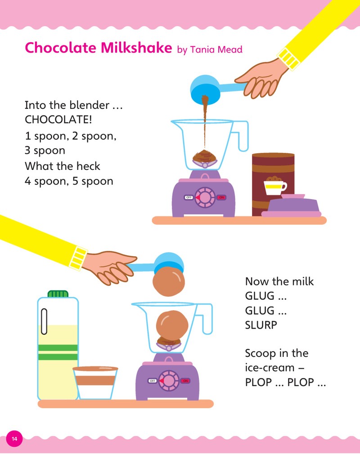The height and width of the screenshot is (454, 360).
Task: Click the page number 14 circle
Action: (x=14, y=439)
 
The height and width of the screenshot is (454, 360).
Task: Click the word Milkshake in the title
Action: (x=136, y=48)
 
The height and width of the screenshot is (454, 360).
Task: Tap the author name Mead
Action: (x=230, y=49)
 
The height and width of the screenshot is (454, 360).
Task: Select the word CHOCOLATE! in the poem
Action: (x=58, y=119)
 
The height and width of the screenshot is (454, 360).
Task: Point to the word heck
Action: (x=88, y=166)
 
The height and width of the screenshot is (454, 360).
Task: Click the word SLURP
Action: (x=261, y=325)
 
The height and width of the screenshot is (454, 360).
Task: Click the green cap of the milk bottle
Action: (x=58, y=294)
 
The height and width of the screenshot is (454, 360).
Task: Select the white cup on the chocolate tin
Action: (x=275, y=187)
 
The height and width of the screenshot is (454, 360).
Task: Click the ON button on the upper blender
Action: (x=221, y=197)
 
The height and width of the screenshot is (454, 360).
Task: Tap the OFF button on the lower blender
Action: (x=153, y=381)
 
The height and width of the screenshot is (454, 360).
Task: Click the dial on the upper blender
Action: (x=205, y=197)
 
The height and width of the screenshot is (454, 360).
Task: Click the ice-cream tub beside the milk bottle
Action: (x=95, y=383)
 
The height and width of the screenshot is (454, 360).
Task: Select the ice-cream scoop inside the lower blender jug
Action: (x=172, y=326)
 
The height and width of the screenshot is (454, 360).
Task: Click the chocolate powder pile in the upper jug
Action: (x=205, y=156)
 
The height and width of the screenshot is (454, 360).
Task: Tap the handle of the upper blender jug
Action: (x=240, y=136)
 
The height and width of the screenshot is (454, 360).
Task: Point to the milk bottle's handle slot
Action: (x=44, y=321)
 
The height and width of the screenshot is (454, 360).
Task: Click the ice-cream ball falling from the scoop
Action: (x=168, y=281)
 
